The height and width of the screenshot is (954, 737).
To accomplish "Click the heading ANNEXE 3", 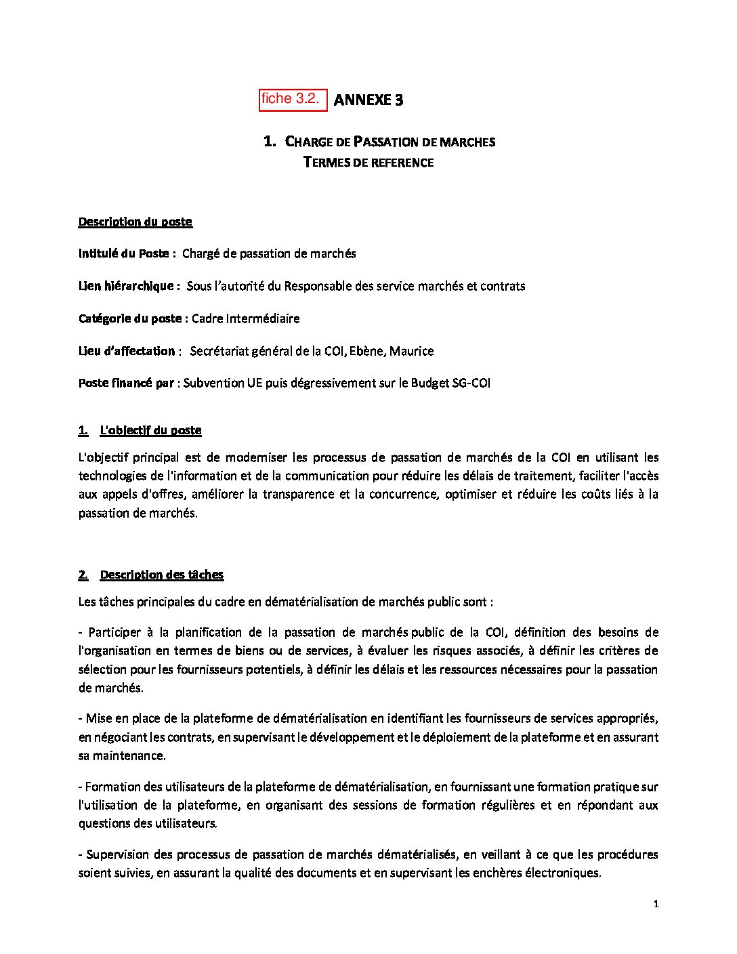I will [368, 100].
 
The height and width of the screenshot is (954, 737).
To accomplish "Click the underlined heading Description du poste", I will [135, 222].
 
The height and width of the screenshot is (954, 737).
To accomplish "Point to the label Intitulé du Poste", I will [127, 253].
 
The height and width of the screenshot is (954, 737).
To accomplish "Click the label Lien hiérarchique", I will [129, 286].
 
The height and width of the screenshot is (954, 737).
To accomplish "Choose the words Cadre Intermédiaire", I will [246, 318].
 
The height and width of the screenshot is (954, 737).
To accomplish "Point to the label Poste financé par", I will [126, 383].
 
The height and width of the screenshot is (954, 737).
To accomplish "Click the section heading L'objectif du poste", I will [150, 430].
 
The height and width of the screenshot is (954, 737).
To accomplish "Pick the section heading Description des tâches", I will [161, 575].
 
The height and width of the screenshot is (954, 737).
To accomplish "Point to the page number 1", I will [656, 904].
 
